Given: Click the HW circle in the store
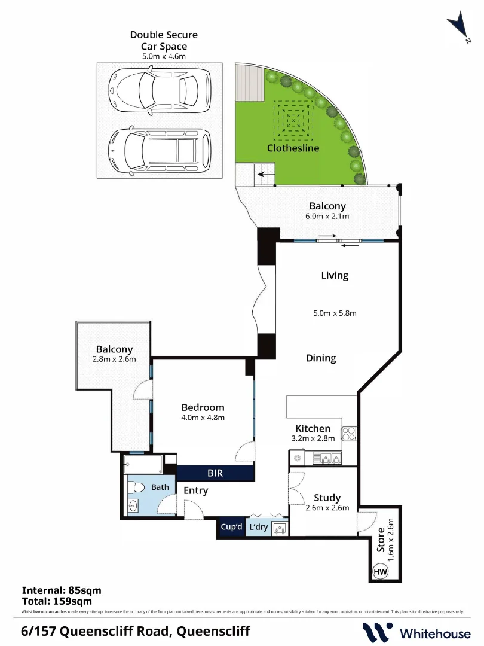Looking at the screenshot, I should click(x=380, y=571).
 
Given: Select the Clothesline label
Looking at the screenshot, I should click(x=293, y=148).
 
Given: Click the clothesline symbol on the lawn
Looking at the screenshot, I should click(x=293, y=120).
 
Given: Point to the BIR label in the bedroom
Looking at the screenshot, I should click(x=216, y=473).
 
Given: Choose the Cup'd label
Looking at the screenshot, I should click(x=231, y=527).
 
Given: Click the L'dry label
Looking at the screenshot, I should click(x=258, y=527).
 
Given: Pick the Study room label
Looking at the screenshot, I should click(x=327, y=498).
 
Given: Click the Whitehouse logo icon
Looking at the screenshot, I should click(x=378, y=632).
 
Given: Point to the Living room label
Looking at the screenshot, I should click(x=335, y=276).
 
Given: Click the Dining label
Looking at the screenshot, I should click(x=321, y=358).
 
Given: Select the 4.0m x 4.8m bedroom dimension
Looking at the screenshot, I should click(x=203, y=418).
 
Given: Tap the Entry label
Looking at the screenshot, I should click(x=196, y=491).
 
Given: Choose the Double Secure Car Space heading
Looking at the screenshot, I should click(x=164, y=41).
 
